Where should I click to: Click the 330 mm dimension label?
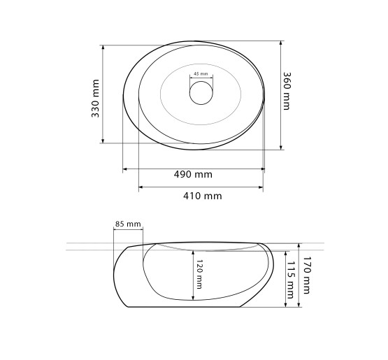pyautogui.click(x=95, y=99)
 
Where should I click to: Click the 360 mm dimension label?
pyautogui.click(x=287, y=91)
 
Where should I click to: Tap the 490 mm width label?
pyautogui.click(x=193, y=175)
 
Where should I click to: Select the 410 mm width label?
pyautogui.click(x=203, y=196)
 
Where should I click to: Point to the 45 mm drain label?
pyautogui.click(x=201, y=73)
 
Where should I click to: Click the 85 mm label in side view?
pyautogui.click(x=128, y=224)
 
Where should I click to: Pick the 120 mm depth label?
pyautogui.click(x=199, y=274)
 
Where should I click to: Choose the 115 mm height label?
pyautogui.click(x=290, y=280)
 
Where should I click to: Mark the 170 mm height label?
pyautogui.click(x=306, y=275)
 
